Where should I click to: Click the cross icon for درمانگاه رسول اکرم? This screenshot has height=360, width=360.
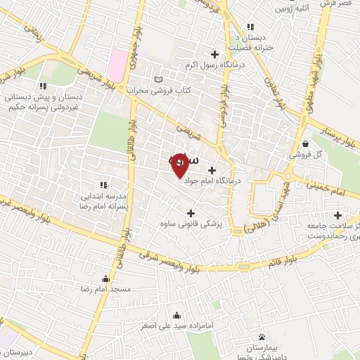coord(214,54)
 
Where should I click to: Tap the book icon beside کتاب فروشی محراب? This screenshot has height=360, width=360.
coord(157,78)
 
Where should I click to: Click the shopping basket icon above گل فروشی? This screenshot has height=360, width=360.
coord(304,143)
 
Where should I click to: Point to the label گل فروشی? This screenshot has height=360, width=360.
coord(307,154)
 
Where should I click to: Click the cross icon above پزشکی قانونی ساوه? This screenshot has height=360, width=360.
coord(190,212)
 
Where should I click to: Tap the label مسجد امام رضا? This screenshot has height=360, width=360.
coord(105,289)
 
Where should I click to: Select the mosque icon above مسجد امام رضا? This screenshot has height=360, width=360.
coord(105,278)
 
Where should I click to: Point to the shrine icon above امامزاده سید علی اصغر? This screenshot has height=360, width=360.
coord(176,315)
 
